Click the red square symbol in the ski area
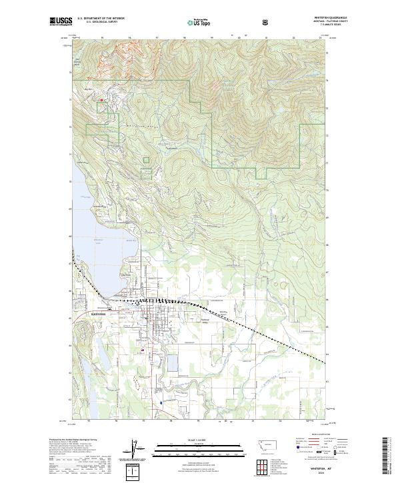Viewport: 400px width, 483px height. (101, 101)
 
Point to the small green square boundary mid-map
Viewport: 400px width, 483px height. (147, 159)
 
